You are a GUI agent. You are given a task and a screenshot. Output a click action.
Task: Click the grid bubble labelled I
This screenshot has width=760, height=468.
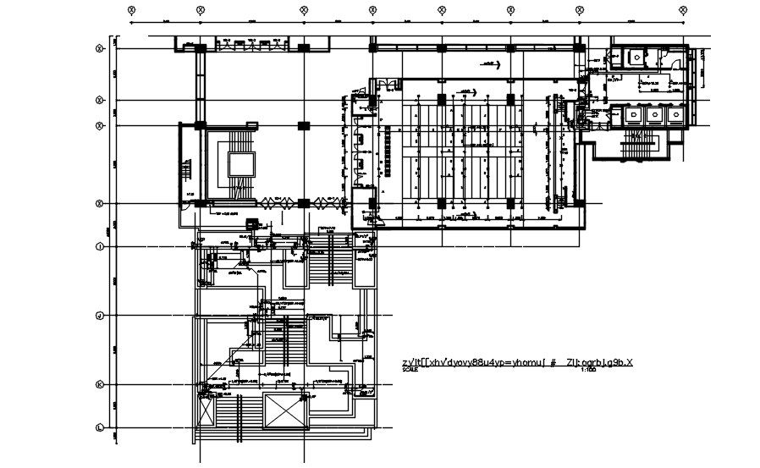click(x=101, y=247)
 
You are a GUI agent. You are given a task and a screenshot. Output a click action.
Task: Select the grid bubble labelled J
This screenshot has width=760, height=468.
click(x=101, y=316)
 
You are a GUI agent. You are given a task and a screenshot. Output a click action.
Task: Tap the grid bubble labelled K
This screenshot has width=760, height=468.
click(x=101, y=385)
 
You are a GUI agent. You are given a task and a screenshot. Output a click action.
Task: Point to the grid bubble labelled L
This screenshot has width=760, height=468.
click(x=101, y=427)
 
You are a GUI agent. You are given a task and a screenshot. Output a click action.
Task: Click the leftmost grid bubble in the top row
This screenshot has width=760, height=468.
click(x=131, y=9)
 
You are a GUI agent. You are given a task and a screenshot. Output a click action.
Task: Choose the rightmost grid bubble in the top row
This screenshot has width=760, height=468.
click(x=683, y=9)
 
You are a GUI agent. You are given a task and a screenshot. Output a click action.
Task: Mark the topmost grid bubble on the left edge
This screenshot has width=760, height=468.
click(x=101, y=48)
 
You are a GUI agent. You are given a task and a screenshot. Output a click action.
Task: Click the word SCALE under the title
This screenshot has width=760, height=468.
click(x=410, y=371)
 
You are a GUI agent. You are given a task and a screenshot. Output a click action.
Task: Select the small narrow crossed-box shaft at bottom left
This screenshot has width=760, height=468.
click(x=203, y=413)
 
